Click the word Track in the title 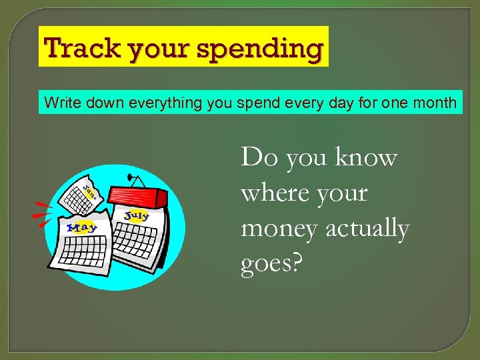click(x=71, y=48)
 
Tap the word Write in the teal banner click(x=59, y=103)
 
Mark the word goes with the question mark click(x=271, y=264)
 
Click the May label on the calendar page click(x=83, y=227)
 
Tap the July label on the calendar click(x=136, y=216)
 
